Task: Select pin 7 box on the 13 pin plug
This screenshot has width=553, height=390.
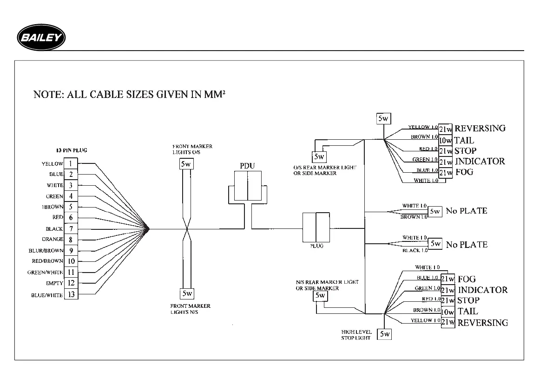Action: point(71,229)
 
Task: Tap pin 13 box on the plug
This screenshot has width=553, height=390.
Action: point(71,294)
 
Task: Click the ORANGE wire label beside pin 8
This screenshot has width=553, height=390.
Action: point(52,240)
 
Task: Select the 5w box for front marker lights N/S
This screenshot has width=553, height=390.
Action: point(187,293)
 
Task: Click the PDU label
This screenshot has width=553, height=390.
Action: point(247,165)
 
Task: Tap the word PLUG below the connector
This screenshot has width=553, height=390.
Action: point(316,246)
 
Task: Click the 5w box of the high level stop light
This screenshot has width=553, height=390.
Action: point(384,334)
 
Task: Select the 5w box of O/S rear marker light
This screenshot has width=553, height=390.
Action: point(318,156)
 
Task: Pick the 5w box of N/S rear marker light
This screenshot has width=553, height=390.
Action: point(320,295)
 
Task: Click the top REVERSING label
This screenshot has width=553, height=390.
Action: point(480,128)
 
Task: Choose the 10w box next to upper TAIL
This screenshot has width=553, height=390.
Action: point(446,141)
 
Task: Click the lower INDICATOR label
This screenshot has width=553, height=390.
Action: point(482,290)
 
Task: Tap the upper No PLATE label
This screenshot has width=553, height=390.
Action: point(466,211)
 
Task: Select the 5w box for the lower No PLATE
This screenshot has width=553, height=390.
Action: point(435,243)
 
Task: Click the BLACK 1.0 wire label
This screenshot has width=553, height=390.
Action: point(415,251)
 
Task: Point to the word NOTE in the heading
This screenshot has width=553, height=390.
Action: point(48,95)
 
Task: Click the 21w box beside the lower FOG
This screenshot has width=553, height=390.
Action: point(448,279)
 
